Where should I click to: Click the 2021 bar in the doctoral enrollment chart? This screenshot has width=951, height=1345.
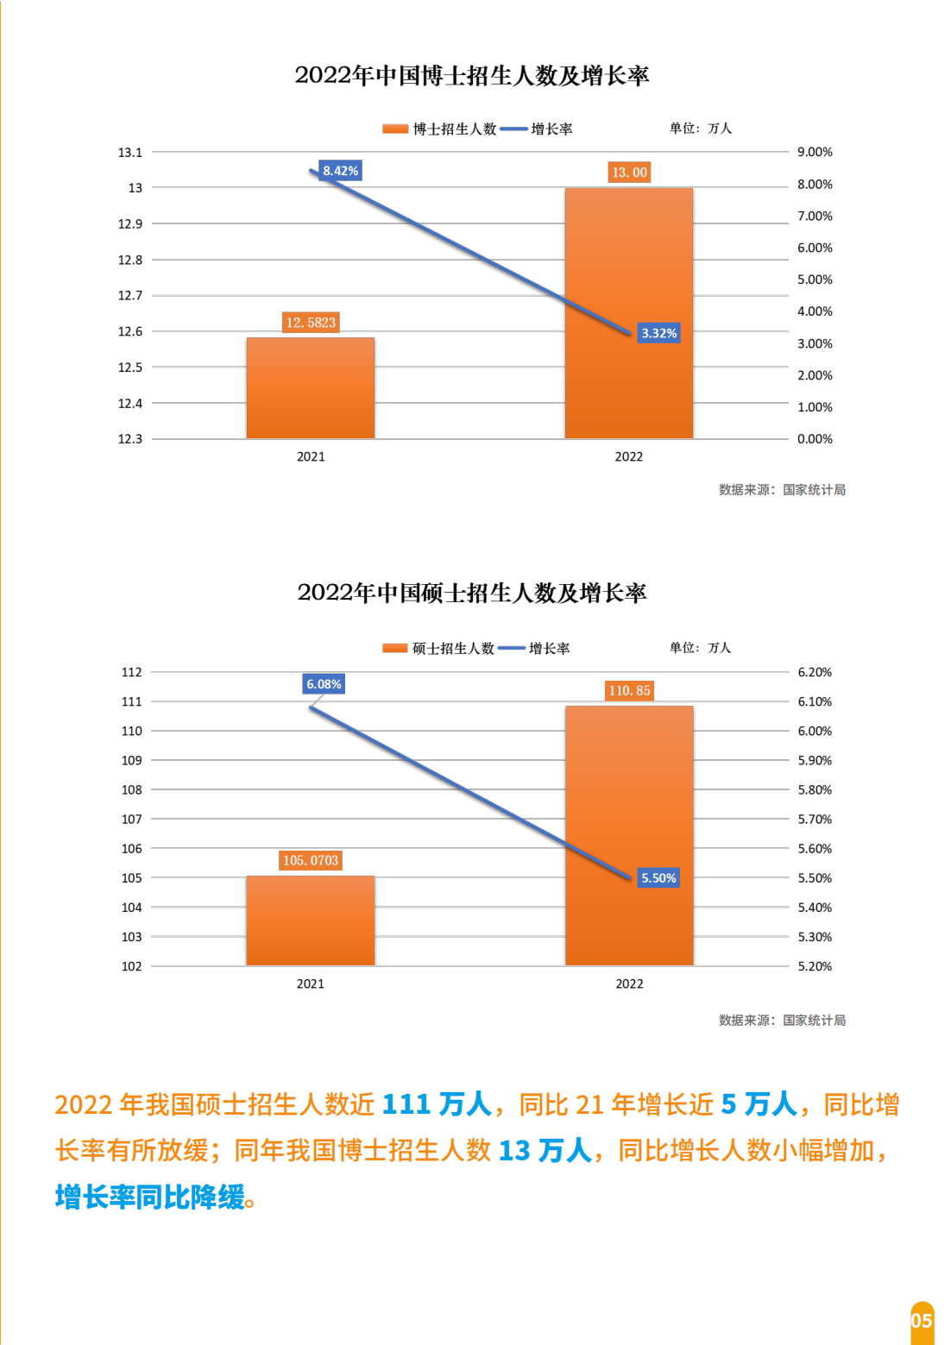click(311, 388)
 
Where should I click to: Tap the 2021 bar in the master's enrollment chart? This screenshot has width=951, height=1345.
click(311, 921)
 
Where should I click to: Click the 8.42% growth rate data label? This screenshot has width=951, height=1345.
click(340, 171)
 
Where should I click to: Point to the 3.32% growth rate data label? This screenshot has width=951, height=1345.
click(658, 333)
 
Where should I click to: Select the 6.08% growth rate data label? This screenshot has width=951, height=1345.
click(324, 684)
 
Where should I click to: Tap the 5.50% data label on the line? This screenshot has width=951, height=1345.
click(658, 878)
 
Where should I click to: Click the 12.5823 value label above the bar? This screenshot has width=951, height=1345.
click(311, 323)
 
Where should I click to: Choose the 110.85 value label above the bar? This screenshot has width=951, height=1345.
click(629, 690)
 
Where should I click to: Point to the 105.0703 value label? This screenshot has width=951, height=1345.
click(311, 860)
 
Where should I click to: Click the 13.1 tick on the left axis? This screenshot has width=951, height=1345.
click(130, 153)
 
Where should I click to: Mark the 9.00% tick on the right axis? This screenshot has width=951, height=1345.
click(815, 152)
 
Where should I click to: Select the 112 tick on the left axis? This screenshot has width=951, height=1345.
click(131, 672)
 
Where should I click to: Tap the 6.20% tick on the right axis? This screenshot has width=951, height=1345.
click(815, 672)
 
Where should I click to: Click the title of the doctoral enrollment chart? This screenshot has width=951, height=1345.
click(472, 76)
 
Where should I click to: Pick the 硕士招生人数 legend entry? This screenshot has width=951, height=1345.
click(440, 648)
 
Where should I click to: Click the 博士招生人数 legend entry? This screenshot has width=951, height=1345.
click(441, 129)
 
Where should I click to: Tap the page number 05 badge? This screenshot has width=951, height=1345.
click(922, 1321)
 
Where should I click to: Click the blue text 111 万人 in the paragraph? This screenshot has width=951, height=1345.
click(436, 1104)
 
